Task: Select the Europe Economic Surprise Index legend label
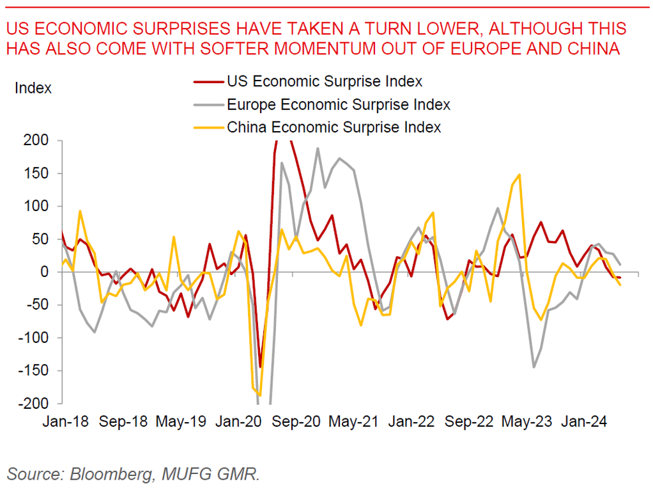(339, 104)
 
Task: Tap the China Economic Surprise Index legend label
(334, 127)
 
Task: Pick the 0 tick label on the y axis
(47, 272)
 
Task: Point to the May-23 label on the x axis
(527, 422)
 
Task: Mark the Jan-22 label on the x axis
(412, 422)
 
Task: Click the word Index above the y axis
(33, 88)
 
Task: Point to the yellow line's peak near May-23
(519, 174)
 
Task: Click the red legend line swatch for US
(208, 82)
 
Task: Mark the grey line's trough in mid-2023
(534, 367)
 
